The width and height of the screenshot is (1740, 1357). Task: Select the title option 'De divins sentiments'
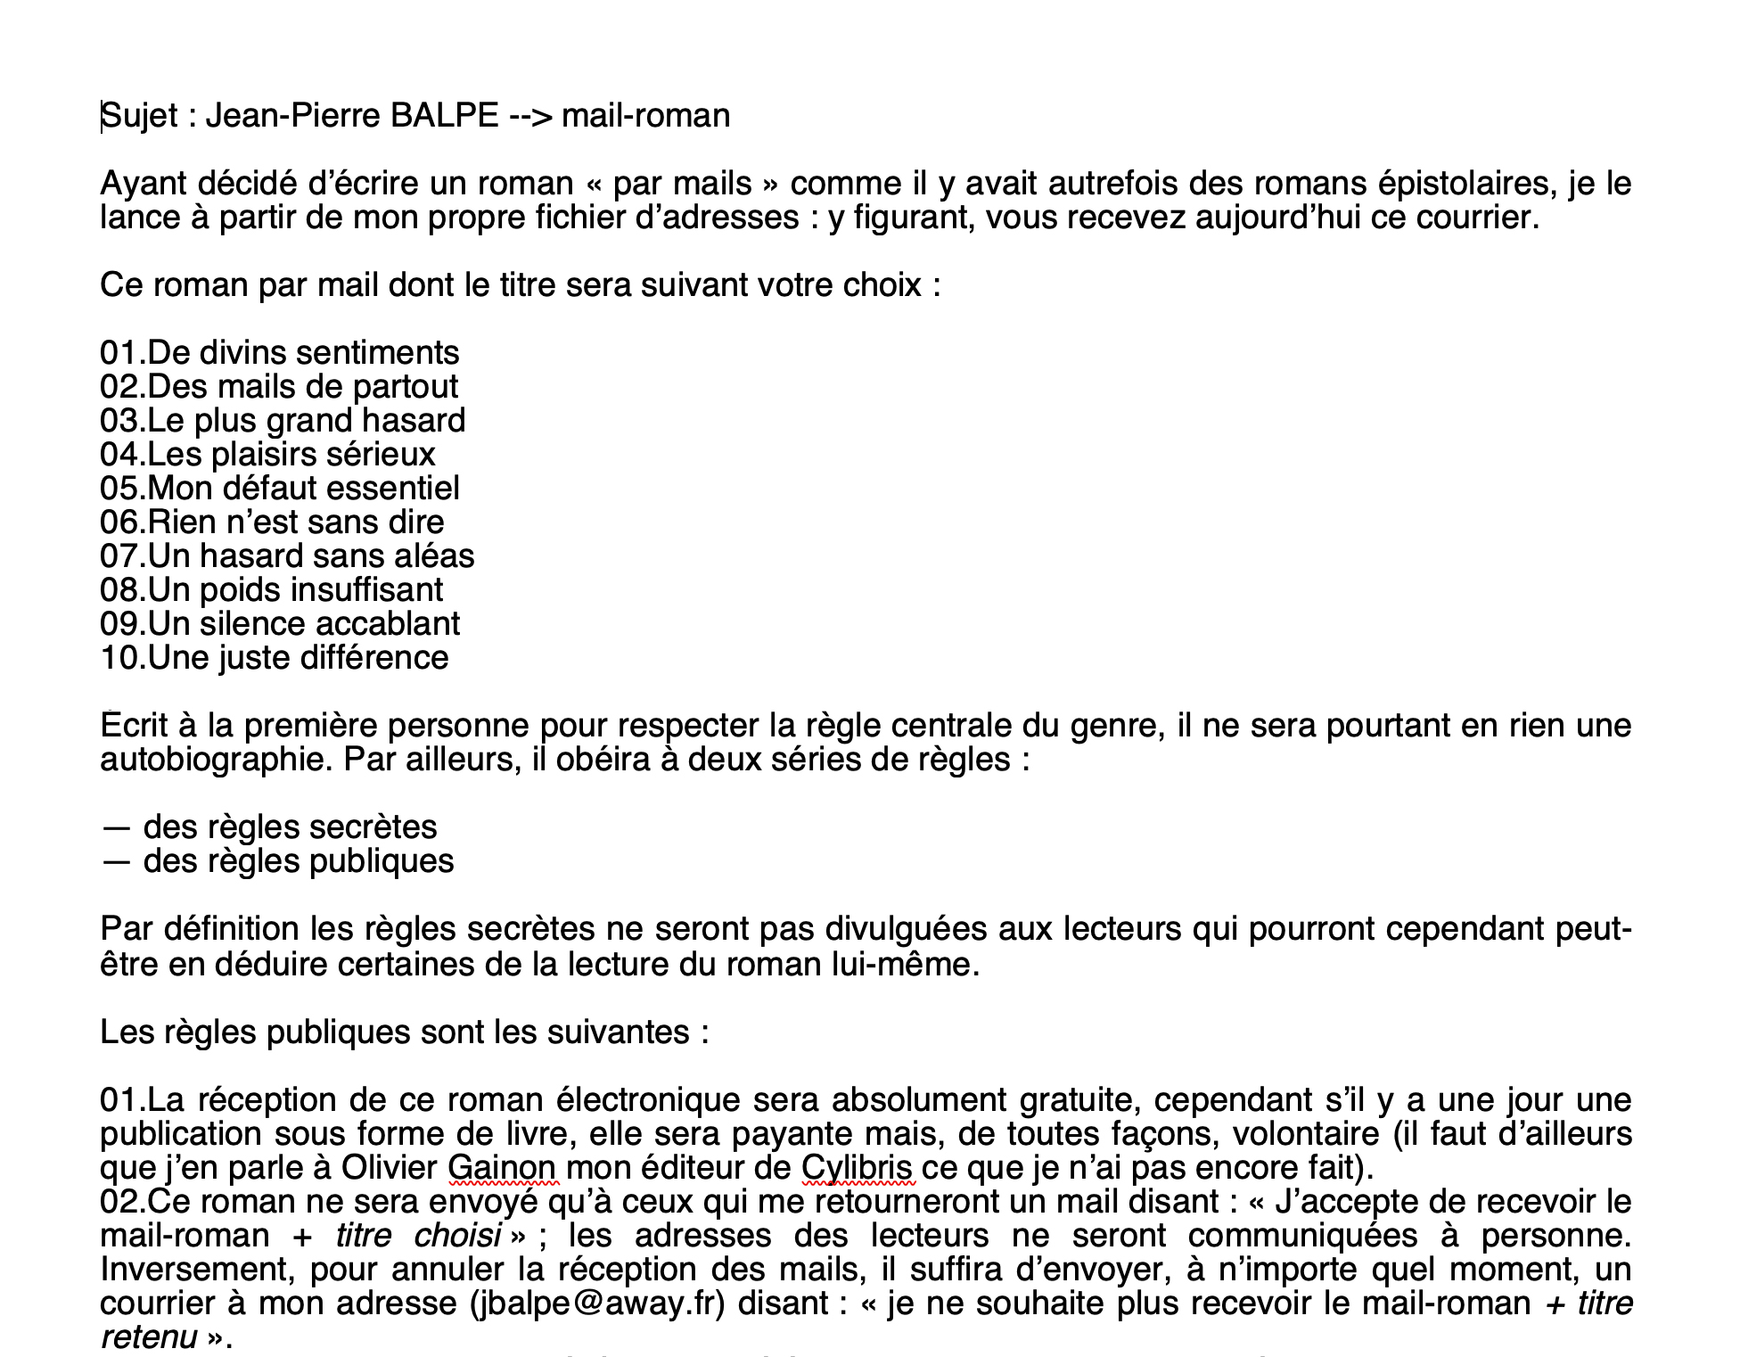pos(303,353)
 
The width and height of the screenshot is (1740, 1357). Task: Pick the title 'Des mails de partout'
pos(303,387)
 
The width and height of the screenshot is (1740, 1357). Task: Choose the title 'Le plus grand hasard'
pos(306,421)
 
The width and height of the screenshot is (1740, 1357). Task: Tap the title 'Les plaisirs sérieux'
pos(291,455)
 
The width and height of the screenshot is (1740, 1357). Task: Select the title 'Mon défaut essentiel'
pos(303,489)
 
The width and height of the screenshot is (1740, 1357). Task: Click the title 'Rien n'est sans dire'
pos(296,522)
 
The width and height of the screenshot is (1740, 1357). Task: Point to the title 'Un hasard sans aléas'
pos(310,556)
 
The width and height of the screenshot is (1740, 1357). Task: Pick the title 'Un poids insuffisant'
pos(295,590)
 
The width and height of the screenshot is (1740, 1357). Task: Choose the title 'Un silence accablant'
pos(303,624)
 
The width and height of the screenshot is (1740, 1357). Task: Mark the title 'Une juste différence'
pos(298,658)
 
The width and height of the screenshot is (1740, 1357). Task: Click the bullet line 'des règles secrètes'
pos(290,827)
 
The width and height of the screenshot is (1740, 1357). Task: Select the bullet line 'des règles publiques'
pos(299,861)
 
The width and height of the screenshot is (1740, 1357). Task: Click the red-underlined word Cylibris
pos(857,1168)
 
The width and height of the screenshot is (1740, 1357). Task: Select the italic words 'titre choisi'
pos(417,1236)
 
